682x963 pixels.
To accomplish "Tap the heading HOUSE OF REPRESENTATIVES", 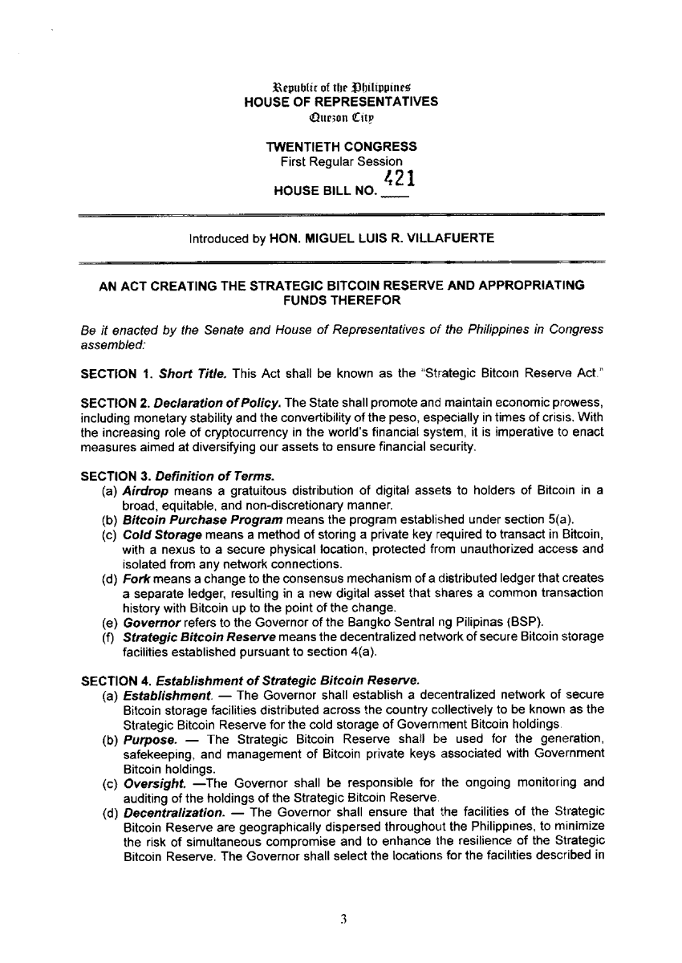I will tap(341, 102).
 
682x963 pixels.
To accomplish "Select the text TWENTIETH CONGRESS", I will tap(341, 147).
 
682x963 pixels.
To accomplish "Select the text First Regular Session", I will tap(341, 161).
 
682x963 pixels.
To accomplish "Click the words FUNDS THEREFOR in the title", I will tap(341, 299).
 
